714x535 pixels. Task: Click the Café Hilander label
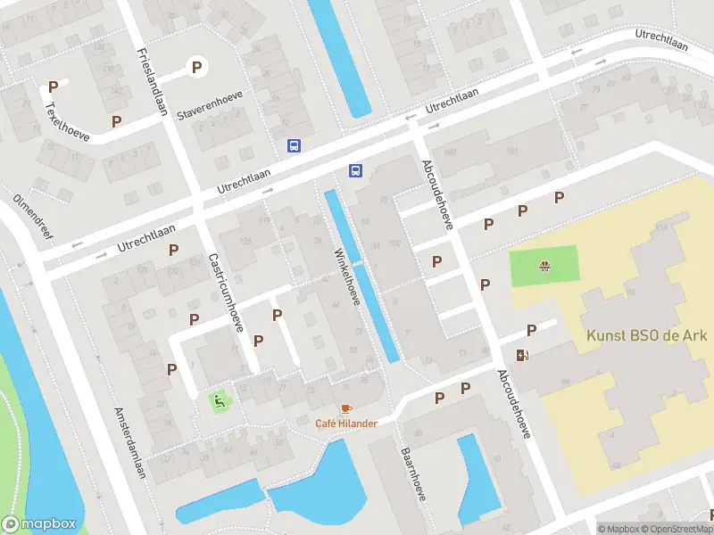point(345,423)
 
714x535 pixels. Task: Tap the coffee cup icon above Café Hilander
point(346,408)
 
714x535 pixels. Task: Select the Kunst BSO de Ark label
point(646,336)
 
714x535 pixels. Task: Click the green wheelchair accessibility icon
point(219,401)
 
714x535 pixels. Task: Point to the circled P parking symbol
point(196,66)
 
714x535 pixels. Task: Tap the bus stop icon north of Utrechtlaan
point(294,145)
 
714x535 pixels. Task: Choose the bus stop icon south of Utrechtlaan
point(355,171)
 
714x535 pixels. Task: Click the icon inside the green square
point(544,266)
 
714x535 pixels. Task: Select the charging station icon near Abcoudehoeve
point(523,356)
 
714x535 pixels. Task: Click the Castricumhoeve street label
point(226,291)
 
